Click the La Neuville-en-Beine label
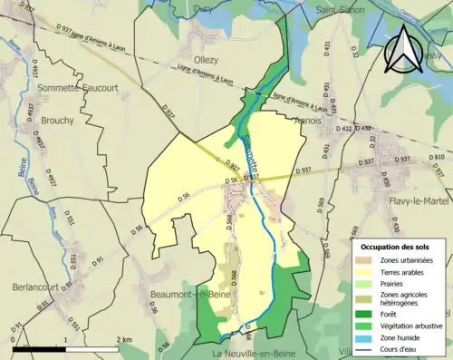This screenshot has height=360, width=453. tap(252, 351)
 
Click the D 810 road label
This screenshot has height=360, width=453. tap(439, 156)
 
